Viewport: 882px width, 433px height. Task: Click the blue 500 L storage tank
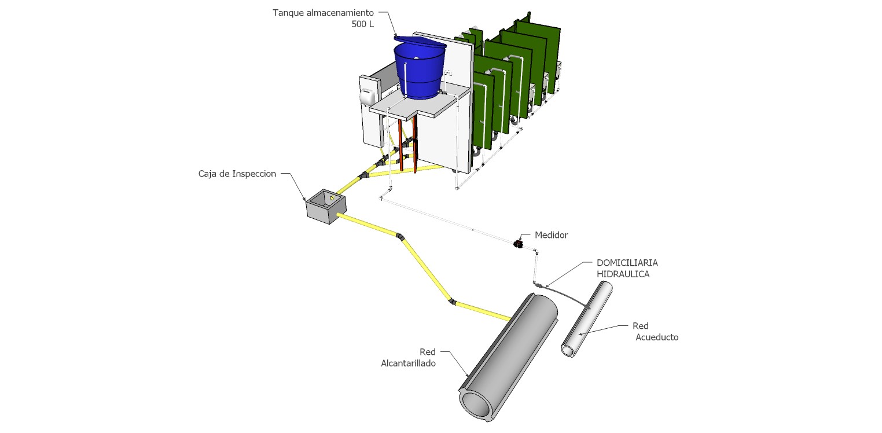[420, 72]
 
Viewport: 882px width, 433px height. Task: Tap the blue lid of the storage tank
[419, 43]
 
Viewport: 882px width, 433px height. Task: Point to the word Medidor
[551, 235]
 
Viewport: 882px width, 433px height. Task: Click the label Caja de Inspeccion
[237, 173]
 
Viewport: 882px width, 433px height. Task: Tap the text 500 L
[363, 24]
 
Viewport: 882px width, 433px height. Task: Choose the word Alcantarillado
[408, 364]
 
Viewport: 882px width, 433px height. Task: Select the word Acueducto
[657, 337]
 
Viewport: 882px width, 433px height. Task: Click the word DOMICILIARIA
[627, 263]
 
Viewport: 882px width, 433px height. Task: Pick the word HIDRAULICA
[623, 274]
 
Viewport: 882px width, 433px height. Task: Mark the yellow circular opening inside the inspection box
[331, 199]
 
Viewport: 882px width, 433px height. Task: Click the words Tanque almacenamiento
[324, 12]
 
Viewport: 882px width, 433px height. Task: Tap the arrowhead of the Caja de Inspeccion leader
[306, 200]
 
